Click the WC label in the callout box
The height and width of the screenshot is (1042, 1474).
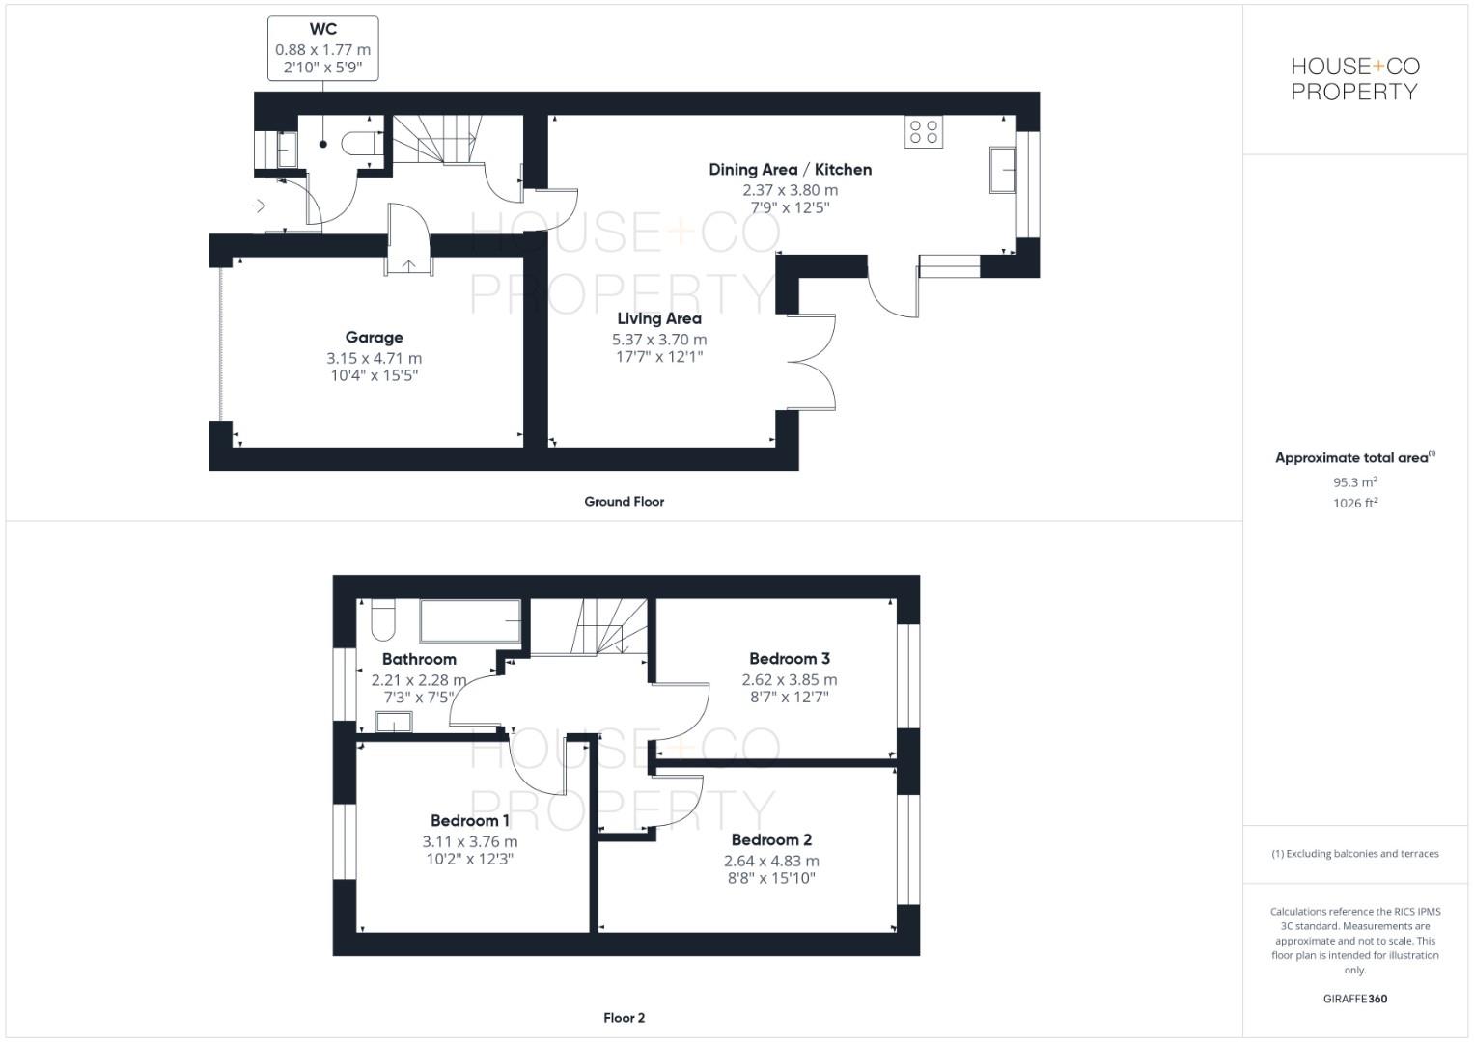click(323, 30)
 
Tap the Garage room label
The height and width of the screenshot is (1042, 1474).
click(374, 337)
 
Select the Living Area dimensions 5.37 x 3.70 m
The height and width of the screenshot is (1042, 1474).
click(659, 340)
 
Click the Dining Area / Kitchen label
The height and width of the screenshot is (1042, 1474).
click(790, 170)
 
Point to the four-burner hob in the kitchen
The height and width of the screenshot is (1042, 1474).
click(924, 132)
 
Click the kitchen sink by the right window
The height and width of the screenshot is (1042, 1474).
click(1003, 171)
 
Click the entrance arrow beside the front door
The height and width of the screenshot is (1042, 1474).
click(258, 206)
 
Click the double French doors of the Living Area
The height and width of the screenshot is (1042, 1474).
click(813, 363)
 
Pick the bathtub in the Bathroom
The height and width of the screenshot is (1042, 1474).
click(470, 620)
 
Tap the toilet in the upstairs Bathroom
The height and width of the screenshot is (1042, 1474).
click(382, 619)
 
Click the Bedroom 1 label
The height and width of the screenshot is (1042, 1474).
click(470, 821)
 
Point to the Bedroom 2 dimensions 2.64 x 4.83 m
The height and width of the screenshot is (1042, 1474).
click(771, 861)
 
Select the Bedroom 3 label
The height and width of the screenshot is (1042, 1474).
click(789, 659)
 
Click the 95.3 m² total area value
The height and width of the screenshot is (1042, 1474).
click(1354, 482)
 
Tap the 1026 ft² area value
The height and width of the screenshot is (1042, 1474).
click(1354, 504)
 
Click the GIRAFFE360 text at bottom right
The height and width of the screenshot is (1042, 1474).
click(1354, 999)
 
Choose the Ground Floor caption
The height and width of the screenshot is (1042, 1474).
click(624, 502)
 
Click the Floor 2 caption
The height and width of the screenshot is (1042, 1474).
click(624, 1018)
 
